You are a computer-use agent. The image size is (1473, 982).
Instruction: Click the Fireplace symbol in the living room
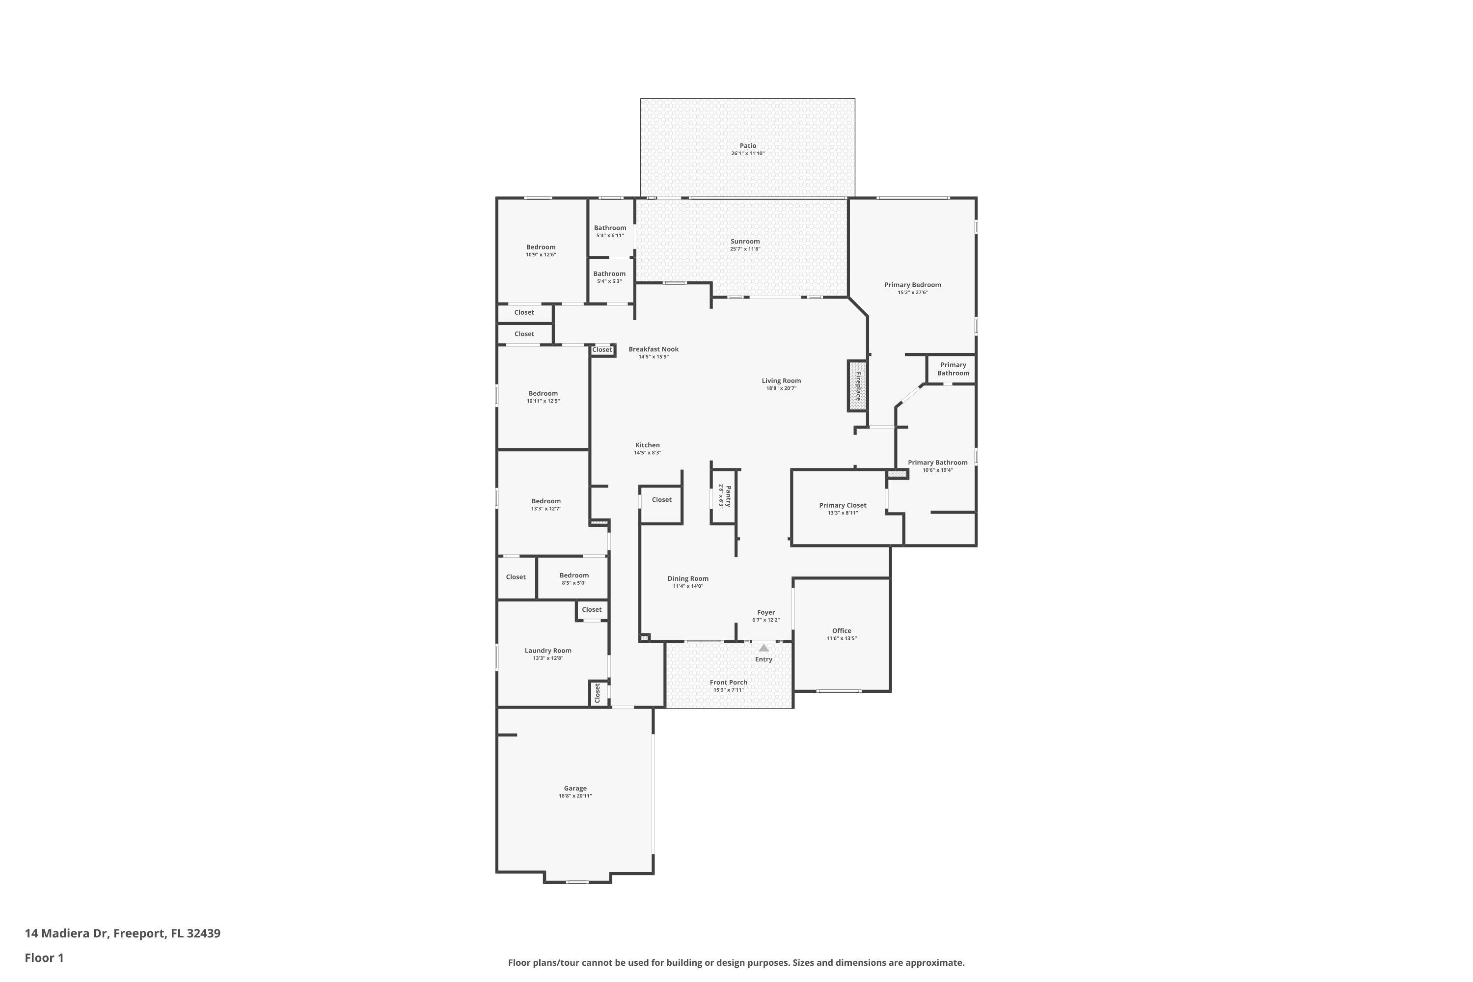tap(857, 386)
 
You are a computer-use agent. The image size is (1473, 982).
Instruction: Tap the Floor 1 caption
tap(44, 957)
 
